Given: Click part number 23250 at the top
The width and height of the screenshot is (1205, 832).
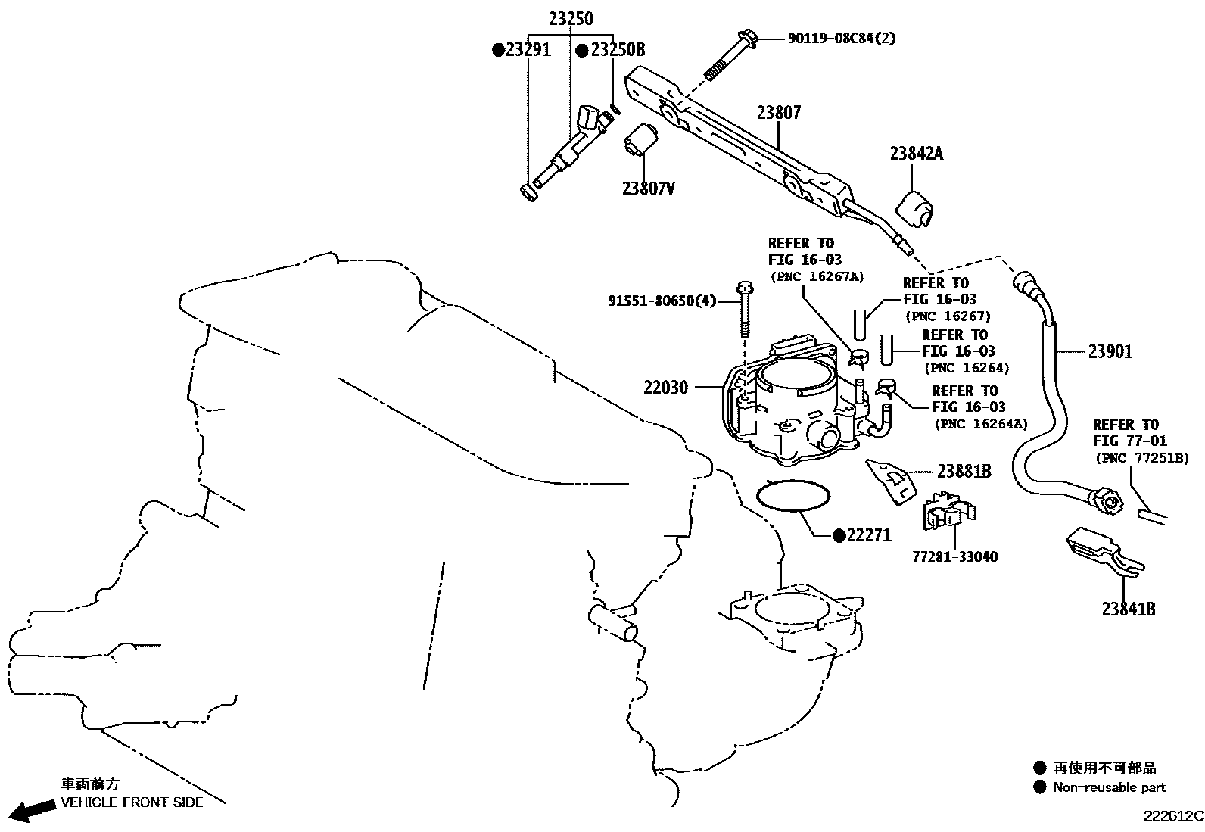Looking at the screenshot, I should coord(571,19).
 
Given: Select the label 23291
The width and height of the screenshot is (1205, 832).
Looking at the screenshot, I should coord(528,50).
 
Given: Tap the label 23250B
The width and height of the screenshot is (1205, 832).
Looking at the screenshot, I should coord(617,50).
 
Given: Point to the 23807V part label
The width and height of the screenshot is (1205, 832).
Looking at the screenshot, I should coord(648,189).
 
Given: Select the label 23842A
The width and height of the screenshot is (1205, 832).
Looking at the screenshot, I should coord(916,153).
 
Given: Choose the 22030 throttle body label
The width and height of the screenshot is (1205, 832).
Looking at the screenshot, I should coord(665,388).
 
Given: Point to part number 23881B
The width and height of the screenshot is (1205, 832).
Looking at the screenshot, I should coord(964,471).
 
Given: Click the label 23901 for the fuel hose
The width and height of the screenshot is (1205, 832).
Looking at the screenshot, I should coord(1110,351).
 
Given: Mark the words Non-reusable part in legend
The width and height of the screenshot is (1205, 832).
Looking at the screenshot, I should coord(1109,787).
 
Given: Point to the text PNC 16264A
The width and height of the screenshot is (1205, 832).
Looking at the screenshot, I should coord(980,424).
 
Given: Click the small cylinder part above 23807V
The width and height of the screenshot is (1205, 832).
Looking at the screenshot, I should coord(642,139).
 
